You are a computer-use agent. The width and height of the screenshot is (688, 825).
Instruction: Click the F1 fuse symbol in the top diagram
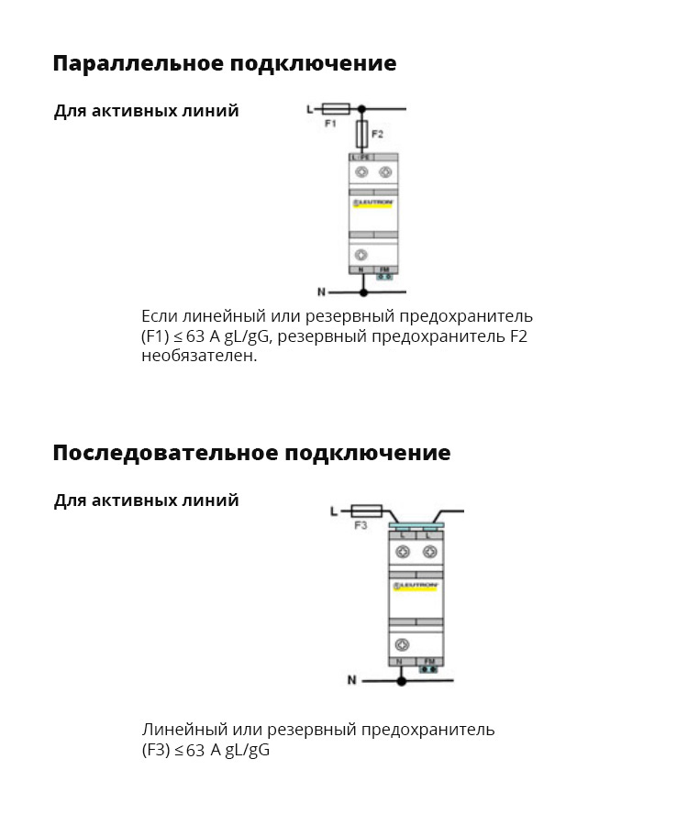pos(336,108)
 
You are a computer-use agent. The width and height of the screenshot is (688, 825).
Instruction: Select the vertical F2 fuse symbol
pos(362,134)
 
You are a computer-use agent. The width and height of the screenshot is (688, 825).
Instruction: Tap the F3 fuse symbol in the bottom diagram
pos(367,511)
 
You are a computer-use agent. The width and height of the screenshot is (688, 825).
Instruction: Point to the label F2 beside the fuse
pos(377,135)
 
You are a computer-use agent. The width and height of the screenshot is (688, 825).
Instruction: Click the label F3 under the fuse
pos(361,526)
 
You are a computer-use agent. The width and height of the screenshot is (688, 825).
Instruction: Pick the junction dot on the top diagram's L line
pos(362,108)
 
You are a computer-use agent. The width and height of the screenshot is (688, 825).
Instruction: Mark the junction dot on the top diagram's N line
pos(363,292)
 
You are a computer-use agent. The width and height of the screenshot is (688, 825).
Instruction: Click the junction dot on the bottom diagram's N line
pos(401,681)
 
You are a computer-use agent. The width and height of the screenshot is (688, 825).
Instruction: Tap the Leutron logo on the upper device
pos(372,200)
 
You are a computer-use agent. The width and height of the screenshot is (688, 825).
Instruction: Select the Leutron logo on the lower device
pos(416,583)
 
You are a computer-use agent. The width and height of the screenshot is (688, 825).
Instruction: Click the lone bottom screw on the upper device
pos(361,255)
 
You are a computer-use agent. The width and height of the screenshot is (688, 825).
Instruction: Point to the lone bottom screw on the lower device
pos(402,644)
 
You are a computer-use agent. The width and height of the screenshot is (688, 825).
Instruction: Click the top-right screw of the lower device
pos(429,552)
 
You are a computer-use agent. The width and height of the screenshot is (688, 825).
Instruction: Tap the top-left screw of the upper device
pos(361,172)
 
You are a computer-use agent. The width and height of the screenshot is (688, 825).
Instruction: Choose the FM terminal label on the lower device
pos(429,661)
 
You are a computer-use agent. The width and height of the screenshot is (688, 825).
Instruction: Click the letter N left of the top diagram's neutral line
pos(321,292)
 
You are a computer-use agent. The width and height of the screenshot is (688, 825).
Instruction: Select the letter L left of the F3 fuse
pos(334,511)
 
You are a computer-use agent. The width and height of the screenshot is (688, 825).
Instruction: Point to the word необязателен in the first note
pos(199,356)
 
